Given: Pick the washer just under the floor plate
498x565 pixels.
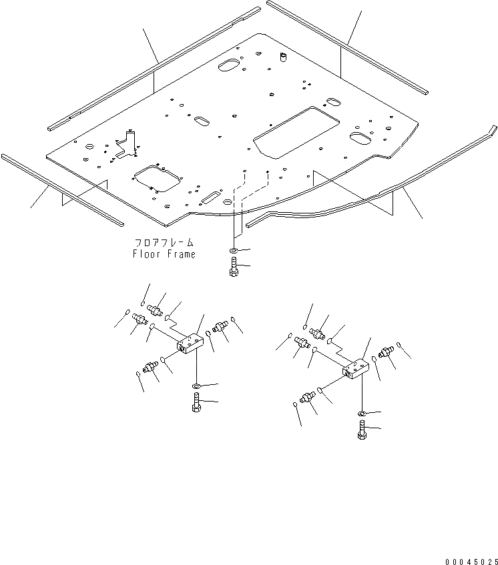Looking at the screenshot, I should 233,251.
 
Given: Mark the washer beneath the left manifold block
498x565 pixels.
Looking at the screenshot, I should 196,386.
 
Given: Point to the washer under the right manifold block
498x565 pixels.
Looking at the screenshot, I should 361,414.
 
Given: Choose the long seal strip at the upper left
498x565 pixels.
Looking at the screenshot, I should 154,67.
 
